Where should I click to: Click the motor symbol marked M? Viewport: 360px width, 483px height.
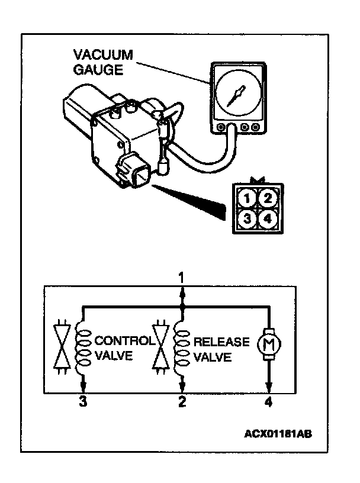[x=269, y=344]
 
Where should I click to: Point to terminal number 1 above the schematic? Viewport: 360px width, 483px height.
[x=182, y=277]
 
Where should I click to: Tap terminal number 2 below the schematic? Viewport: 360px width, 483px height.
[x=182, y=403]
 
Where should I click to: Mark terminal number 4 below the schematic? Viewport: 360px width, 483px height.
[x=269, y=403]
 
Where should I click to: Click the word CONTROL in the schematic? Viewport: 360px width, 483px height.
[x=124, y=342]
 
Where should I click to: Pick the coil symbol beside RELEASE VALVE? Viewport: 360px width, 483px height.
[x=182, y=349]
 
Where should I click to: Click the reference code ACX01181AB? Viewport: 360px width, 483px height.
[x=277, y=433]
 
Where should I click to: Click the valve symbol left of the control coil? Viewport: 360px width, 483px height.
[x=60, y=349]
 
